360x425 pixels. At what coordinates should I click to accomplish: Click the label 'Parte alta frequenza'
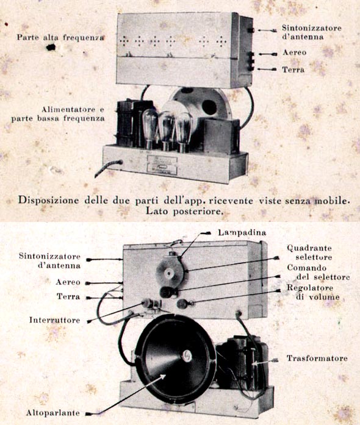click(60, 37)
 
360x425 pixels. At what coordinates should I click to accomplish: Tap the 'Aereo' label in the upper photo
click(294, 52)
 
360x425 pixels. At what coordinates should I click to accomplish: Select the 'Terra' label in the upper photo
click(293, 70)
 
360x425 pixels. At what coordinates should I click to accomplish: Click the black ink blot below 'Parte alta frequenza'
click(51, 48)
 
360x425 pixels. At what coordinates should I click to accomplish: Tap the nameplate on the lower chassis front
click(162, 165)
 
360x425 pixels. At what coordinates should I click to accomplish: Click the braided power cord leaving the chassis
click(108, 168)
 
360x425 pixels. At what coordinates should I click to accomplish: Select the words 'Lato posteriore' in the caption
click(184, 211)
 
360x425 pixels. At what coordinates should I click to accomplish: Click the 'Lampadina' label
click(242, 232)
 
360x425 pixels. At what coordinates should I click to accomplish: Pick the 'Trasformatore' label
click(317, 359)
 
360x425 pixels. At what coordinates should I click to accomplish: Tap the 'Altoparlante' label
click(53, 413)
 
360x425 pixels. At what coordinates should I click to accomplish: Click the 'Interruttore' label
click(54, 320)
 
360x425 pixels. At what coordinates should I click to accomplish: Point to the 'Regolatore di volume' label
click(314, 292)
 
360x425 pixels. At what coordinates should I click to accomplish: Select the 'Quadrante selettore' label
click(309, 252)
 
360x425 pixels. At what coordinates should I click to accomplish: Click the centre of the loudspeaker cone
click(187, 356)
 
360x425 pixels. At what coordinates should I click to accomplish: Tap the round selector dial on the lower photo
click(170, 273)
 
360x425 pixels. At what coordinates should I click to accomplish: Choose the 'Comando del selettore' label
click(319, 273)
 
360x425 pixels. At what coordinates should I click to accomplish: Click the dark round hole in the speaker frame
click(209, 107)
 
